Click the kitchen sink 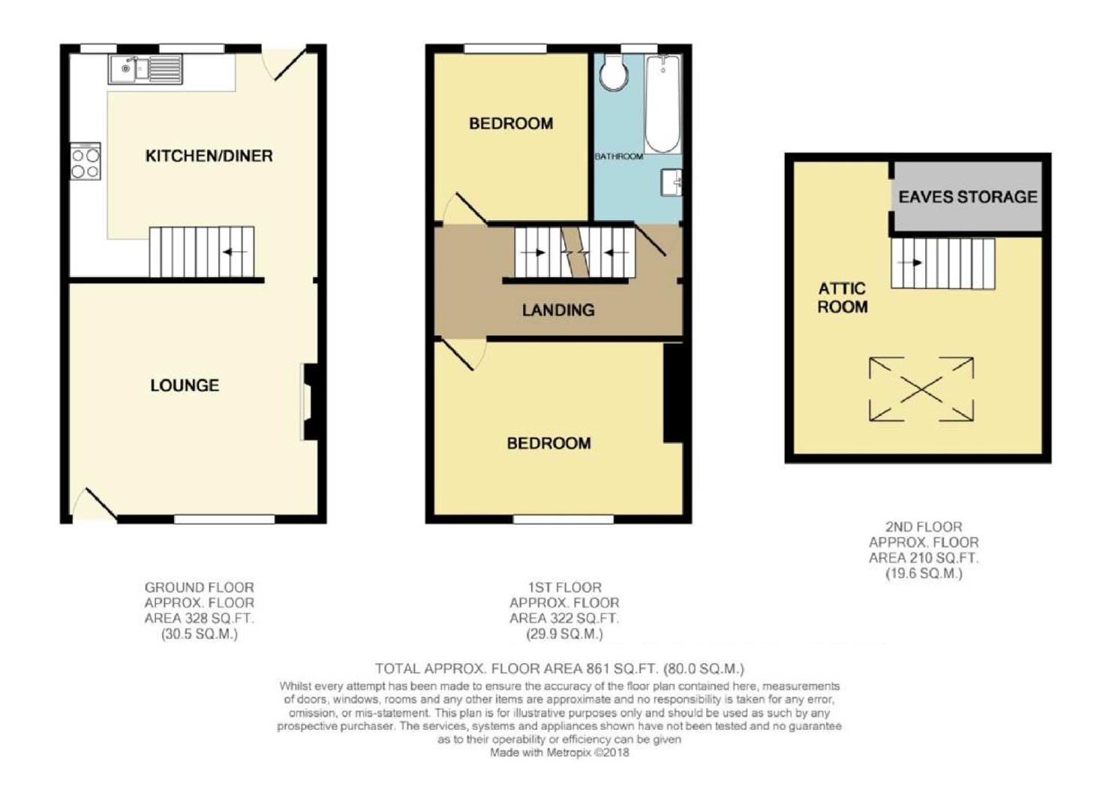(x=146, y=69)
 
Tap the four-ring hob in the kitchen (x=86, y=161)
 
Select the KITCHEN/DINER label (x=209, y=156)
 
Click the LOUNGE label (x=185, y=385)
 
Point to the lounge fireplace (x=310, y=402)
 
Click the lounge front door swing (x=95, y=505)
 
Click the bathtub (x=663, y=104)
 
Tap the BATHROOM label (x=619, y=156)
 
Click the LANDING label (x=558, y=310)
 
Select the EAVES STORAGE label (x=967, y=197)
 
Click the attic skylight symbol (x=921, y=390)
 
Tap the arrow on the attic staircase (x=913, y=263)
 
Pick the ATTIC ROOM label (x=843, y=297)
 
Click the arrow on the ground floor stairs (x=235, y=252)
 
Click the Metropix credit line (x=560, y=752)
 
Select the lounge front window (x=224, y=520)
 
